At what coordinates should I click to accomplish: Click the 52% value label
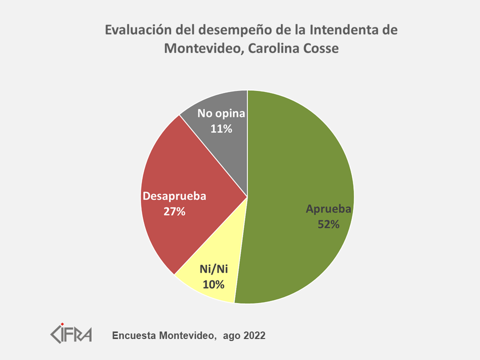coord(328,224)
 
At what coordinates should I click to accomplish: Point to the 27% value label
coord(174,211)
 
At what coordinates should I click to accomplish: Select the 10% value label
coord(214,284)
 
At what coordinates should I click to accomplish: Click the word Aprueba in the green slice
coord(328,209)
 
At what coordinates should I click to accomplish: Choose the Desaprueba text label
coord(174,196)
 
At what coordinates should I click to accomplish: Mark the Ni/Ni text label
coord(214,270)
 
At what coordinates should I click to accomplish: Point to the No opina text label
coord(221,114)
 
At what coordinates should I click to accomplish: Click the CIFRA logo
coord(71,333)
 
